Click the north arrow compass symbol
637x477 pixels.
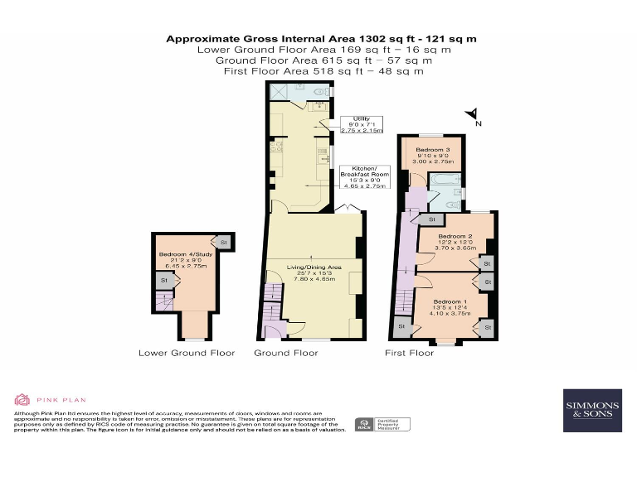pyautogui.click(x=470, y=115)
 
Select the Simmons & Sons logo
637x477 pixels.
pyautogui.click(x=591, y=410)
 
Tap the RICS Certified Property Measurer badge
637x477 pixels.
pyautogui.click(x=383, y=425)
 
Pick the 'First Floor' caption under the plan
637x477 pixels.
pyautogui.click(x=409, y=353)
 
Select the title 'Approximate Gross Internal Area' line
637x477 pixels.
pyautogui.click(x=321, y=38)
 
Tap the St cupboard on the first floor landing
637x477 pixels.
pyautogui.click(x=430, y=219)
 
